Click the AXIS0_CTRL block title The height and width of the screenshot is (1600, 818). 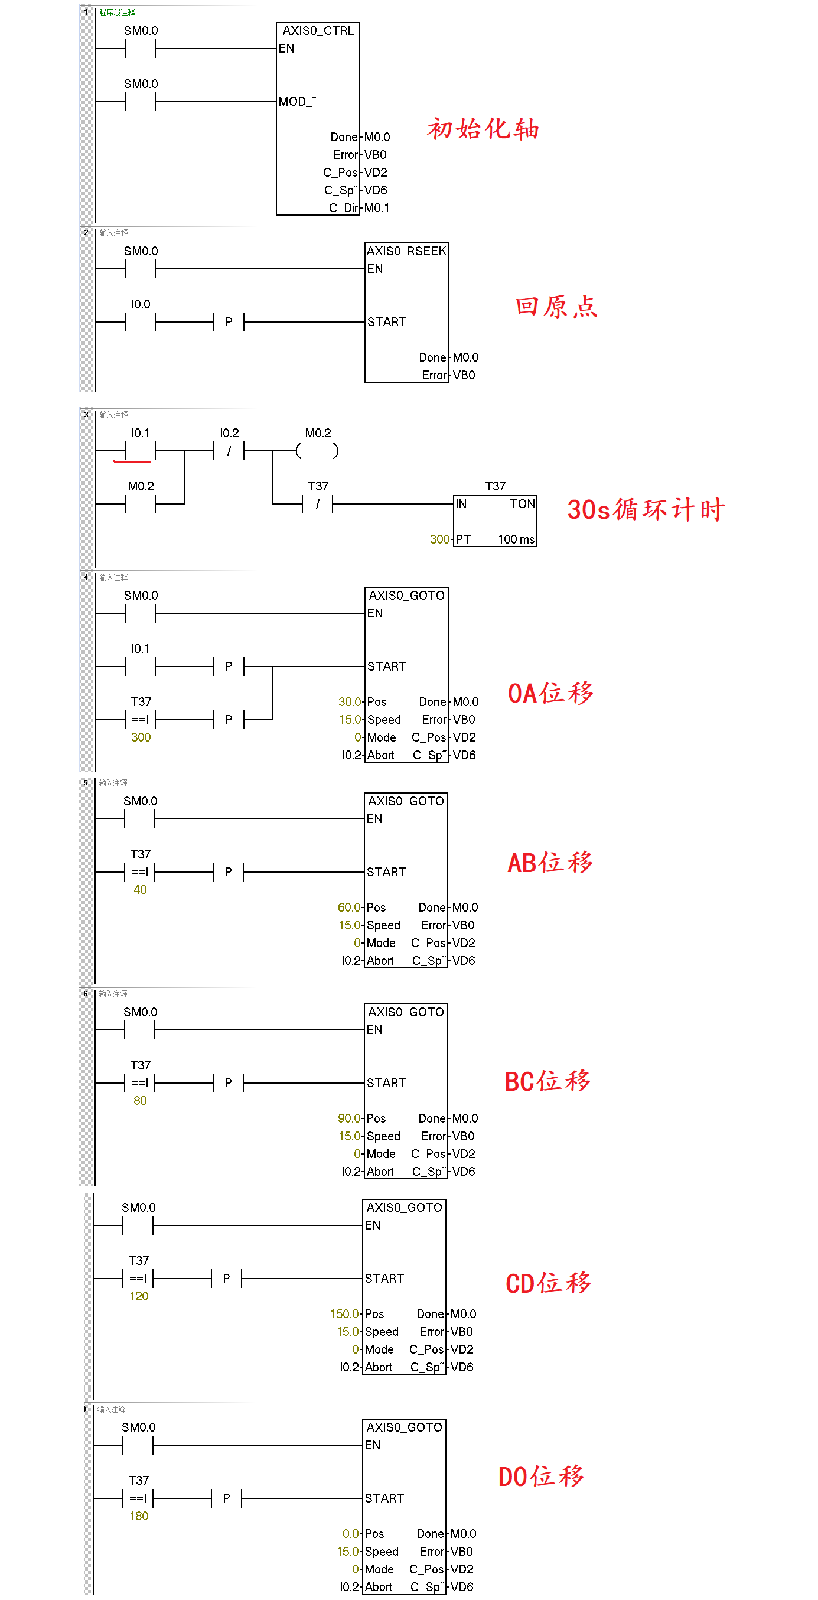317,31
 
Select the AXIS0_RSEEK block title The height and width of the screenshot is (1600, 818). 406,251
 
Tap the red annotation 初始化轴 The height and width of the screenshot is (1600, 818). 483,129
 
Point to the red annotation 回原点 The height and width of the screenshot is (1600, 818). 556,307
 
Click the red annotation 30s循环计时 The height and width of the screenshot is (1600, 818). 646,509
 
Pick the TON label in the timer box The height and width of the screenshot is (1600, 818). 522,504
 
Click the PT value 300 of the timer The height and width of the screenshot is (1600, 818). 439,539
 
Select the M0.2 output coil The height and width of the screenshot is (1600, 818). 317,451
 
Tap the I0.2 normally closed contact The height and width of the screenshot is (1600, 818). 229,451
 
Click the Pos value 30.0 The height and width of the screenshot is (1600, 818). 349,702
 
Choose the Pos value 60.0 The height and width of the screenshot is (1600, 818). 348,908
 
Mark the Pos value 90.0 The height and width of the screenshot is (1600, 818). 348,1118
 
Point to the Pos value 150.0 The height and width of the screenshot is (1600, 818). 344,1313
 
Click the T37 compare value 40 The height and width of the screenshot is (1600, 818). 141,889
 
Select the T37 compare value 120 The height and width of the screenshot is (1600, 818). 139,1296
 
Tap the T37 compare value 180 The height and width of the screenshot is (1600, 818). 139,1516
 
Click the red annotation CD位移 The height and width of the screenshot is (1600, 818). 548,1283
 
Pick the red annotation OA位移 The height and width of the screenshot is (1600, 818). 550,693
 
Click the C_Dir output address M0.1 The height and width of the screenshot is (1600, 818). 376,208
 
